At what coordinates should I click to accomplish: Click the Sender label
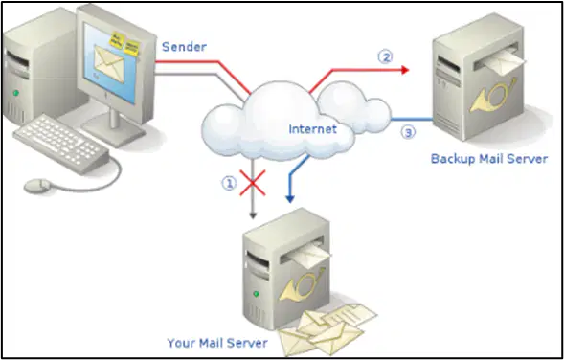click(184, 47)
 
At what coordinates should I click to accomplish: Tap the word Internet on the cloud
click(312, 128)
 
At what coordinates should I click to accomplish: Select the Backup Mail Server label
click(489, 159)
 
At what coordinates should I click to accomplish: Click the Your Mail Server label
click(217, 343)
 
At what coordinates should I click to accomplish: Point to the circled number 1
click(229, 184)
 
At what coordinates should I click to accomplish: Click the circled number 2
click(385, 57)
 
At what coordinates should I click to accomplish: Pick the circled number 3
click(408, 133)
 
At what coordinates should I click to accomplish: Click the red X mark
click(253, 183)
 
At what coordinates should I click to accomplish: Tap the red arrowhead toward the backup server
click(405, 70)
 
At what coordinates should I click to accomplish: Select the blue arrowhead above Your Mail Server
click(290, 199)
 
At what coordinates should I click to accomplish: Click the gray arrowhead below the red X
click(253, 215)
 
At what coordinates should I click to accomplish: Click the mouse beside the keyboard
click(37, 185)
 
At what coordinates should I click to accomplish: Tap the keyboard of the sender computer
click(61, 144)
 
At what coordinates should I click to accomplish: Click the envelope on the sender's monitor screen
click(109, 64)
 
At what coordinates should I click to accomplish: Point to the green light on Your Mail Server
click(256, 294)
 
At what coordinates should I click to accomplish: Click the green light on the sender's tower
click(15, 93)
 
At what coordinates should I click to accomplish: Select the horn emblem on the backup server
click(493, 96)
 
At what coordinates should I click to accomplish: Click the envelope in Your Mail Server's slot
click(309, 254)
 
